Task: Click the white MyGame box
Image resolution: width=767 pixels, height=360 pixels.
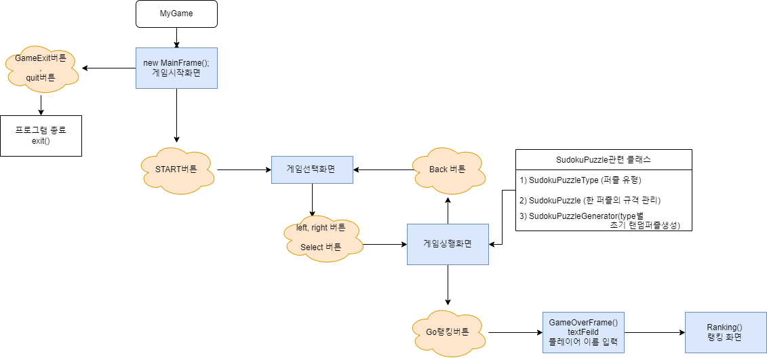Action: click(x=176, y=14)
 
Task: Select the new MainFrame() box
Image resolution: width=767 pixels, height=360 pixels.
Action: click(x=176, y=68)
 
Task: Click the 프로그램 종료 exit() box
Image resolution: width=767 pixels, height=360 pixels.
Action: click(x=41, y=136)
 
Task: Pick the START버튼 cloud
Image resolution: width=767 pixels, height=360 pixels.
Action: click(x=176, y=169)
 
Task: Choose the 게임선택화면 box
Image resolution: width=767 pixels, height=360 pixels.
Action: click(x=312, y=169)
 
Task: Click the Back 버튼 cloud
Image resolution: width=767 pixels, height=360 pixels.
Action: click(x=448, y=169)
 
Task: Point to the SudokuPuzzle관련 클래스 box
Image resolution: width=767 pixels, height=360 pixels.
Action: click(x=604, y=160)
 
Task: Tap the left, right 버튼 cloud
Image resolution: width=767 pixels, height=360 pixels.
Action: click(x=321, y=238)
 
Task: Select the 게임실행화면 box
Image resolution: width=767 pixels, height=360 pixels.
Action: click(x=448, y=244)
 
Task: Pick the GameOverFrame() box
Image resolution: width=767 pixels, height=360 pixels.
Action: click(x=583, y=332)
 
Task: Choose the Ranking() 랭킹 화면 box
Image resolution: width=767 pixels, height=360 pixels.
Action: click(x=725, y=332)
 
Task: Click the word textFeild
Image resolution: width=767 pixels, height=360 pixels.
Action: click(x=583, y=332)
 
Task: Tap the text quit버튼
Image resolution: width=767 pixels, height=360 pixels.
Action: click(x=41, y=78)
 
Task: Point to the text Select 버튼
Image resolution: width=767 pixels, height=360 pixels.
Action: click(x=321, y=247)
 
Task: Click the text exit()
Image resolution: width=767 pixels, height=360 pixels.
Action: click(x=41, y=141)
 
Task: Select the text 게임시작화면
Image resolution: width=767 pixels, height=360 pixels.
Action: click(x=176, y=73)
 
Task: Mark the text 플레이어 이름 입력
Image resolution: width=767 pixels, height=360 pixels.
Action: click(x=583, y=342)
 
